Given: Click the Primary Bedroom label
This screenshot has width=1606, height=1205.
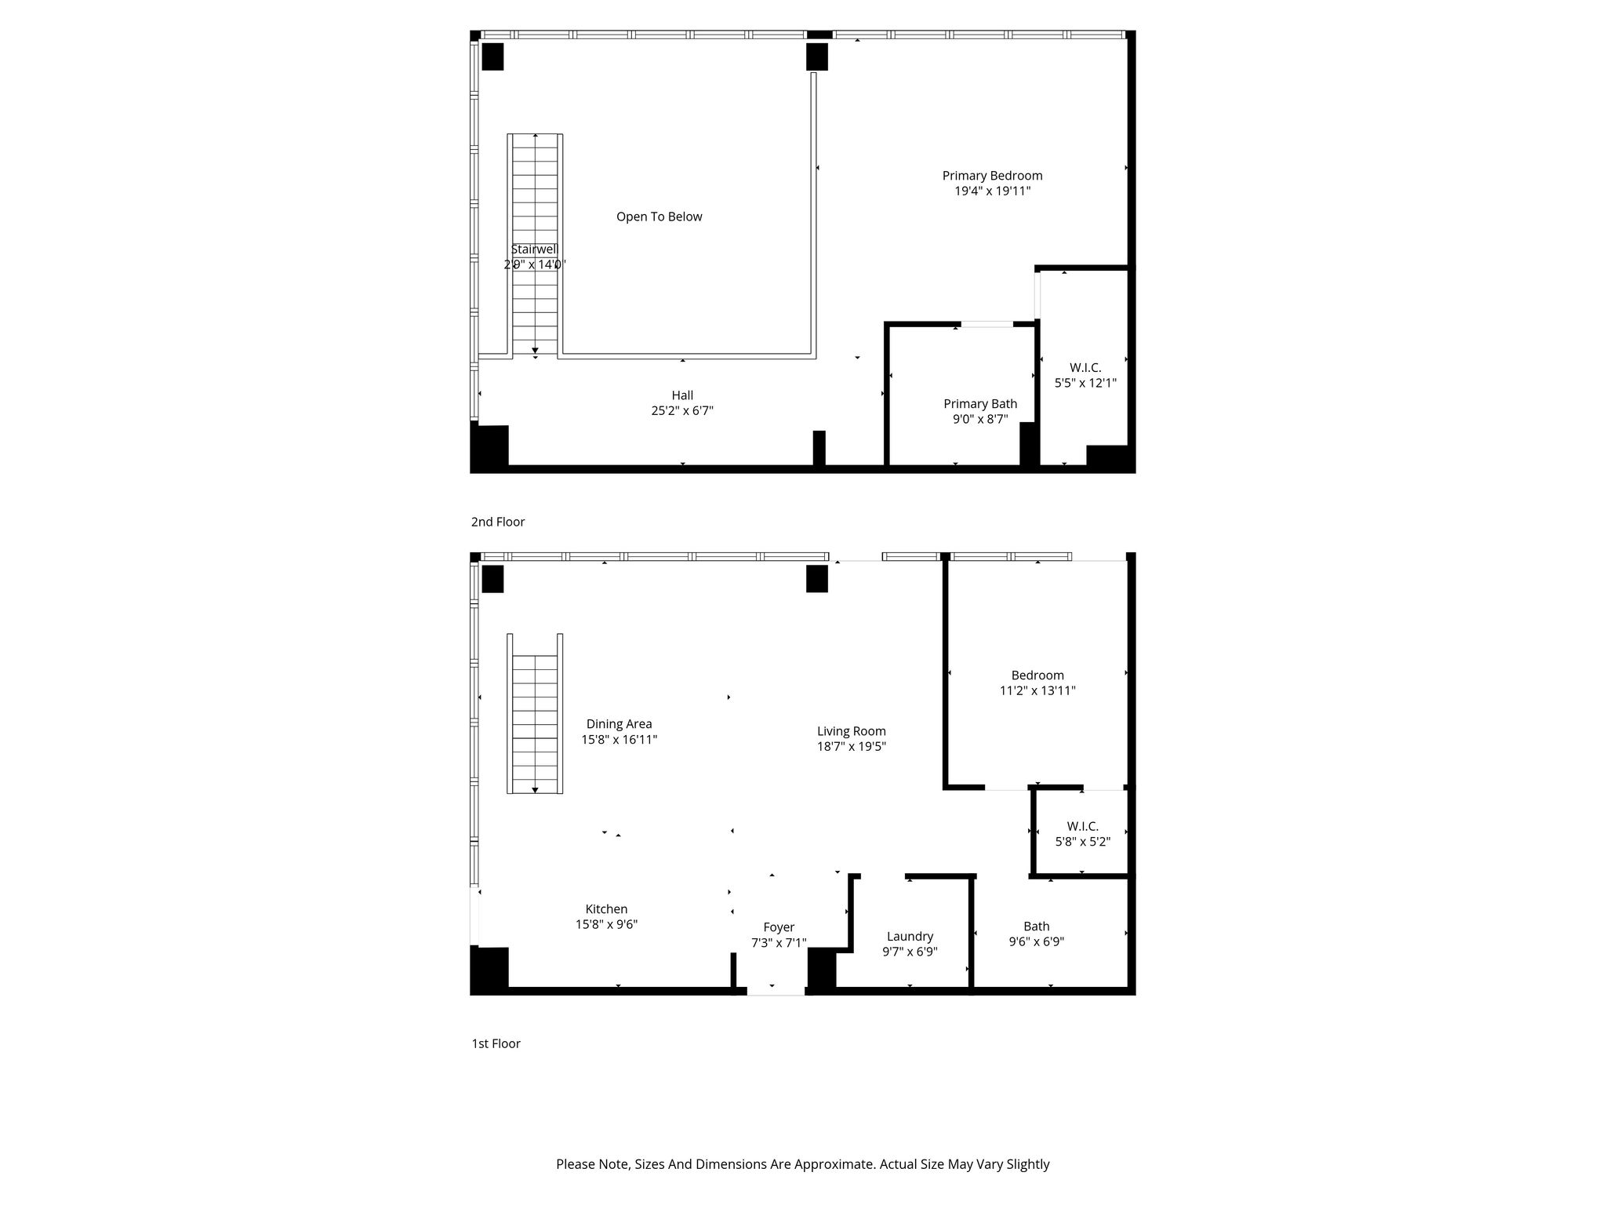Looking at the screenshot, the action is [x=992, y=176].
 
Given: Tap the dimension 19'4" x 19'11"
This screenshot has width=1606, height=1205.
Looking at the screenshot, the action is [x=992, y=191].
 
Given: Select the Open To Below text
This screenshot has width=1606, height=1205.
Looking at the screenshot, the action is [x=659, y=217].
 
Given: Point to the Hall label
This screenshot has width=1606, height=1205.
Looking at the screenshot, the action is [x=682, y=395].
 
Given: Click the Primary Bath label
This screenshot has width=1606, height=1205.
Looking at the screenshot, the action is [x=980, y=404].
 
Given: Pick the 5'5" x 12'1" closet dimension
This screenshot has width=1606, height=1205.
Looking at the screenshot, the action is [x=1085, y=383].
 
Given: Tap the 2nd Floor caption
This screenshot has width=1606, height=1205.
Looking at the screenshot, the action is [x=498, y=522].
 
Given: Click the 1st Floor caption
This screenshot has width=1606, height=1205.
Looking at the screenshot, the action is [x=496, y=1043].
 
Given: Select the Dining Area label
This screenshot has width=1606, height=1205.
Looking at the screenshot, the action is [x=619, y=724].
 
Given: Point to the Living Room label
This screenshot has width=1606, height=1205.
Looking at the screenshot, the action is [x=852, y=731].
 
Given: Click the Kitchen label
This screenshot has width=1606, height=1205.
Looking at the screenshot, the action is [x=606, y=909].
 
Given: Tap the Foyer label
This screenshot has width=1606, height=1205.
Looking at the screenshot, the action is [x=779, y=927].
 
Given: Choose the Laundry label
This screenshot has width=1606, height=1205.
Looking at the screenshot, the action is [x=910, y=936].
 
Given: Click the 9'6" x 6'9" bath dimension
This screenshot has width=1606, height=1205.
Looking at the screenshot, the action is [x=1036, y=941].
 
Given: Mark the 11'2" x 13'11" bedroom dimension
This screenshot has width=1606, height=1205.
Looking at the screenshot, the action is [x=1037, y=690].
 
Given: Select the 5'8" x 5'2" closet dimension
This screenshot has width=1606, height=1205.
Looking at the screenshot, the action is [x=1082, y=842].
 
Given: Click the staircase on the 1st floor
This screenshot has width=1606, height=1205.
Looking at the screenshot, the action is [x=535, y=714].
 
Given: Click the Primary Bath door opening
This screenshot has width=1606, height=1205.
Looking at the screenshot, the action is [x=987, y=324].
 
